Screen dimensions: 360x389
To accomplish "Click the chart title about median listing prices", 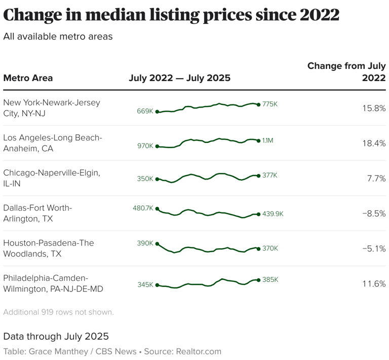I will coord(171,15).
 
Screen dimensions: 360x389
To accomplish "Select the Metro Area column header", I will coord(28,78).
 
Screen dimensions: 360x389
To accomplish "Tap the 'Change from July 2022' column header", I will coord(346,72).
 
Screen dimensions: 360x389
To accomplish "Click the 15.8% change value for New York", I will coord(374,108).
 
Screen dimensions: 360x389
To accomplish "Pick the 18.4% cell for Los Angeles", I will coord(374,143).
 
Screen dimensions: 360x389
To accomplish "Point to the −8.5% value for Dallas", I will coord(374,213).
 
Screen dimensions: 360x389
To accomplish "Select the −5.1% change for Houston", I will coord(374,248).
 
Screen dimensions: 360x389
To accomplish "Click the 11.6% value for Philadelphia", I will coord(374,284).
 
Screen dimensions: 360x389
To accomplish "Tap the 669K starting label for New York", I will coord(145,111).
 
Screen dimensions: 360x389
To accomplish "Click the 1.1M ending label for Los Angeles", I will coord(268,140).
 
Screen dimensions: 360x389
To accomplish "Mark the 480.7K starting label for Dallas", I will coord(143,208).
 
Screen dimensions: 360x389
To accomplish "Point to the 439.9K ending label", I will coord(273,214).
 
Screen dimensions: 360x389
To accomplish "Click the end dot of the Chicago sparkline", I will coord(259,175).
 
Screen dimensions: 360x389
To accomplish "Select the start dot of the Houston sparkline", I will coord(157,244).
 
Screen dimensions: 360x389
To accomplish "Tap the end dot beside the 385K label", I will coord(259,280).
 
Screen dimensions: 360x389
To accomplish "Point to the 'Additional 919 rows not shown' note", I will coord(58,312).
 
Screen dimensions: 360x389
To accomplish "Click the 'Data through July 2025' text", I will coord(56,336).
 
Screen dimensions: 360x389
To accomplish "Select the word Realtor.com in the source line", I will coord(198,351).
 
